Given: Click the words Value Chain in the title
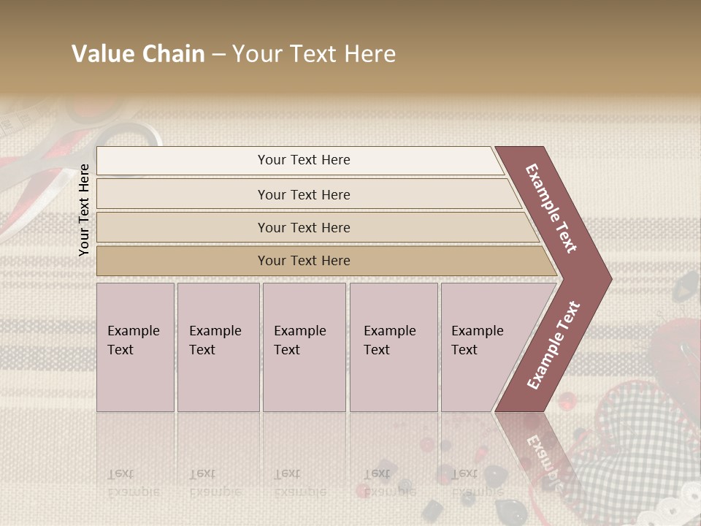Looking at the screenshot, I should coord(138,54).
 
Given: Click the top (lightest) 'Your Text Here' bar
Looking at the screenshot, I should coord(304,160).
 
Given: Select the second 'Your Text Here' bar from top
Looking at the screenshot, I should coord(304,194).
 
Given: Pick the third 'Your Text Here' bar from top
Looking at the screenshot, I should coord(304,227).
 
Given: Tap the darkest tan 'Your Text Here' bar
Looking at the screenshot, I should coord(304,261).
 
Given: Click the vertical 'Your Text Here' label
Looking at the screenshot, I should coord(84,210).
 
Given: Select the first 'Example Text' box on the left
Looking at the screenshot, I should coord(135,347).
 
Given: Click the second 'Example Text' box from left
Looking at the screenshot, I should coord(218,347).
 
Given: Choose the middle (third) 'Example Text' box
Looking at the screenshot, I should coord(303,347).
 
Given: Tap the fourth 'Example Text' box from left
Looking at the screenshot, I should coord(393,347).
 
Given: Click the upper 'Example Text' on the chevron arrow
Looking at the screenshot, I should coord(552,207).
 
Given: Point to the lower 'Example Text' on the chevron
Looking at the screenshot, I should coord(553,346).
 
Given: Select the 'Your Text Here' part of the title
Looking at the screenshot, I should coord(314,54).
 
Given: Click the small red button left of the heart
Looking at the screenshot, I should coord(565,400).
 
